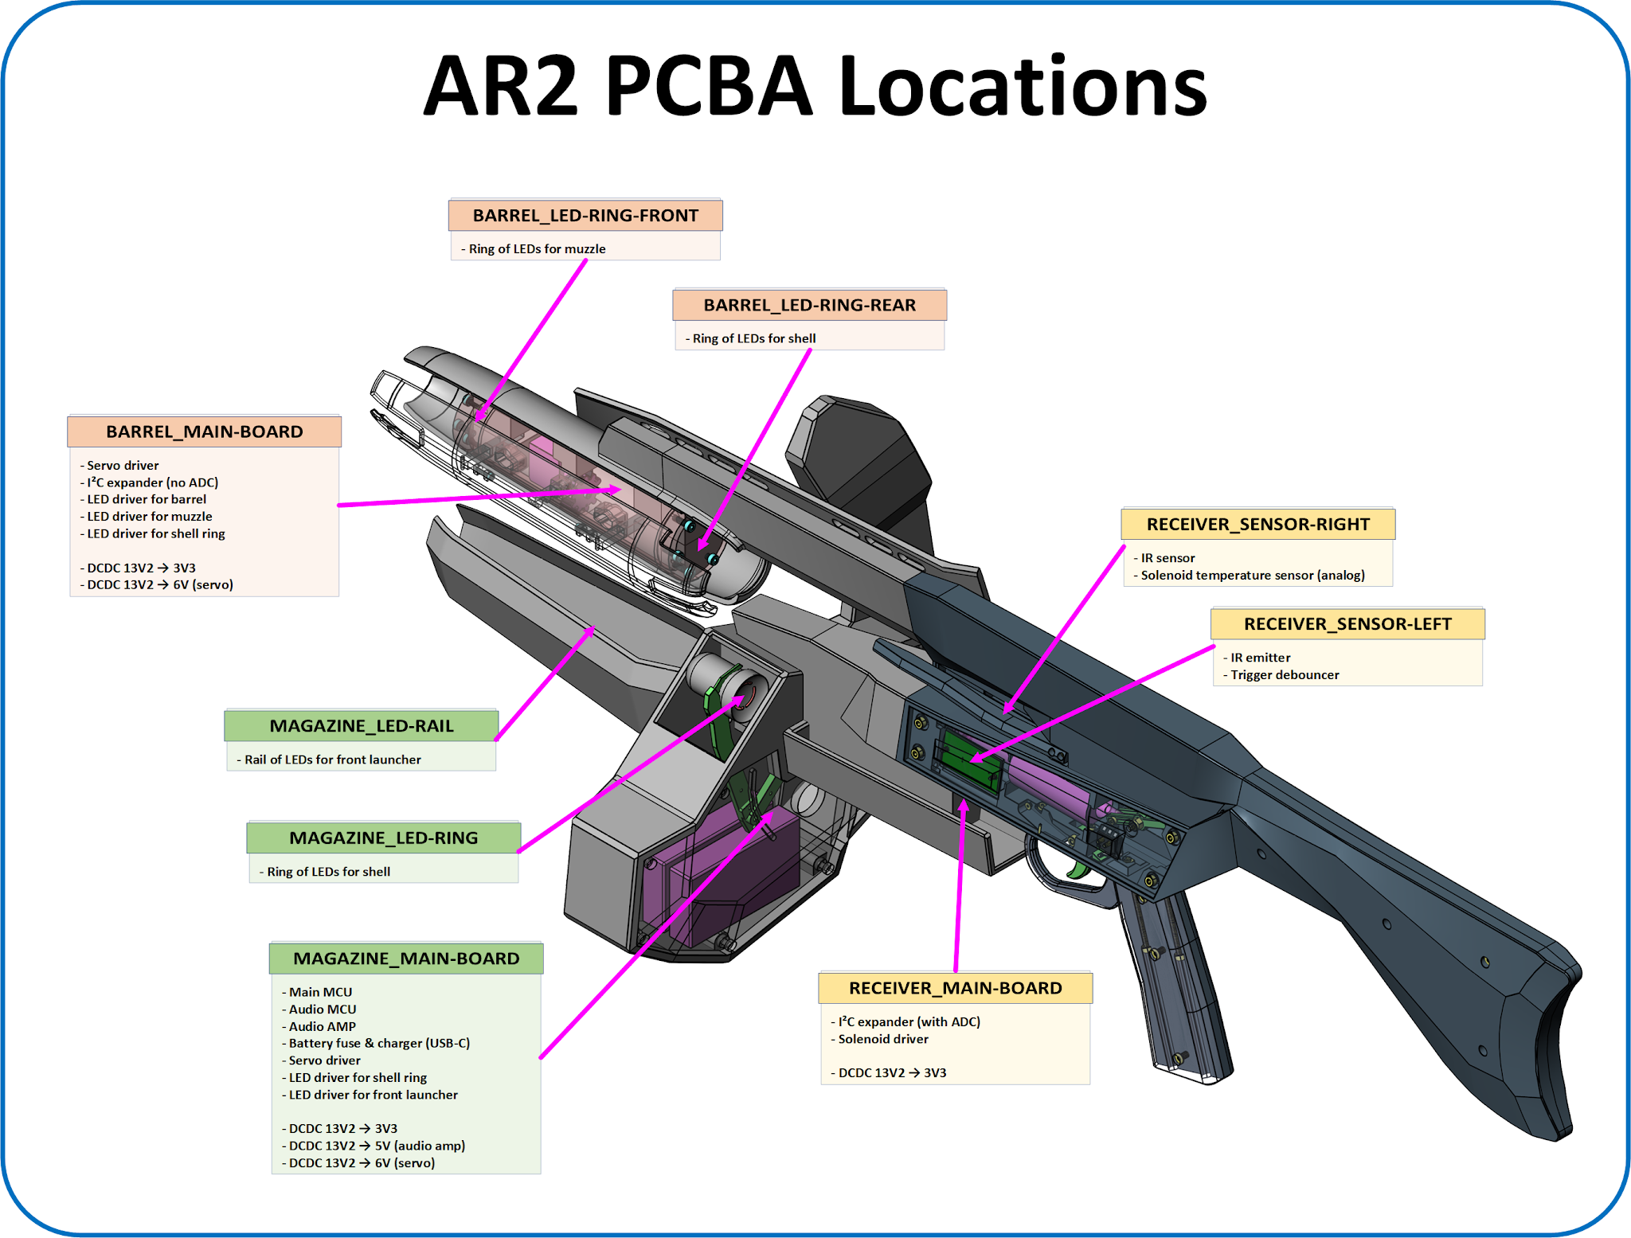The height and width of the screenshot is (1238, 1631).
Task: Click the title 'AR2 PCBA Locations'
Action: click(x=815, y=86)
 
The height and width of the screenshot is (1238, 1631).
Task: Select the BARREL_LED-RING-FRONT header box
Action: click(x=585, y=216)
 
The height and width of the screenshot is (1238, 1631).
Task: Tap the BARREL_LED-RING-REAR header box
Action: click(x=809, y=305)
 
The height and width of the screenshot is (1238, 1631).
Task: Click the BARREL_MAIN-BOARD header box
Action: click(x=205, y=432)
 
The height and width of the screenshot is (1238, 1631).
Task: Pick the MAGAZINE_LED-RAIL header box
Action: click(x=362, y=726)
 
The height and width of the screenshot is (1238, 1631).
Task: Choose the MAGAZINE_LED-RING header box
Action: click(x=383, y=838)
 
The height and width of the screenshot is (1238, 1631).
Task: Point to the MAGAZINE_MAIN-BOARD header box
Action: click(x=406, y=959)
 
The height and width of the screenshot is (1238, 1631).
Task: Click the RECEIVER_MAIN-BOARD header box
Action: click(x=955, y=988)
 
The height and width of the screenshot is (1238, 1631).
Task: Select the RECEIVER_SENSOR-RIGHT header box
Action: click(x=1257, y=525)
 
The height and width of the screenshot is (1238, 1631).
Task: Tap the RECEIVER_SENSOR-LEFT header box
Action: click(x=1347, y=624)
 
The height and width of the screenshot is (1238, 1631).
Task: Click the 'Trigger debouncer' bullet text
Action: click(x=1284, y=675)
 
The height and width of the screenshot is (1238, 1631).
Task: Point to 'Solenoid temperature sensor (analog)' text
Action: click(x=1252, y=576)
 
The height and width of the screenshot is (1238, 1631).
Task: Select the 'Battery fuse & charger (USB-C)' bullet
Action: click(x=379, y=1043)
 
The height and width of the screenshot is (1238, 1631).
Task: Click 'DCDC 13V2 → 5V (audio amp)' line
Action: click(x=377, y=1146)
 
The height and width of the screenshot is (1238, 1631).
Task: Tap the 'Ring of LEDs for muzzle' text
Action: click(x=537, y=249)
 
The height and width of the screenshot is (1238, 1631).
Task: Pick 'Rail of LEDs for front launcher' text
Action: click(x=332, y=760)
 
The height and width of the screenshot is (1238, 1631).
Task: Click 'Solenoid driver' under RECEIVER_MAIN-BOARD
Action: click(x=883, y=1039)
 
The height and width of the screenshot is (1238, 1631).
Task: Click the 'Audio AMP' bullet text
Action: click(x=322, y=1026)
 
